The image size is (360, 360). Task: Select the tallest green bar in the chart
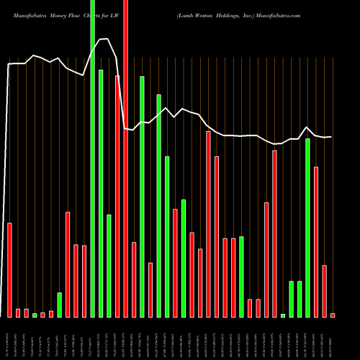click(x=93, y=158)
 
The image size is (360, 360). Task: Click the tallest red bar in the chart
click(x=126, y=158)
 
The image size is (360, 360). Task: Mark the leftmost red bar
click(x=10, y=270)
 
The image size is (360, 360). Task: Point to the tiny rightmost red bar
click(x=333, y=315)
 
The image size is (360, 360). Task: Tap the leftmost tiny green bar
click(x=35, y=315)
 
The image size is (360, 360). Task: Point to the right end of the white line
click(x=331, y=137)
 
